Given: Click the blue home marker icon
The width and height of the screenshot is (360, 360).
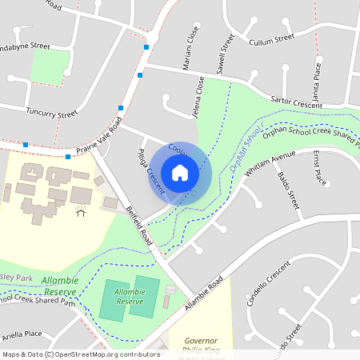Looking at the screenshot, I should (180, 173).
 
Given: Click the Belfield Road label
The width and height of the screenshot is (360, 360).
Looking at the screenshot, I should (141, 225).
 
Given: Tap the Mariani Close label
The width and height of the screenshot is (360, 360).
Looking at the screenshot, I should (192, 50).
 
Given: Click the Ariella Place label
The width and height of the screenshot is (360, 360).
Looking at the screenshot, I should (22, 333).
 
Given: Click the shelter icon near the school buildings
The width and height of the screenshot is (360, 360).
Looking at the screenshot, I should (81, 210).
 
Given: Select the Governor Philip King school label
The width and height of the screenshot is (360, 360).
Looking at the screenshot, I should (202, 345).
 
